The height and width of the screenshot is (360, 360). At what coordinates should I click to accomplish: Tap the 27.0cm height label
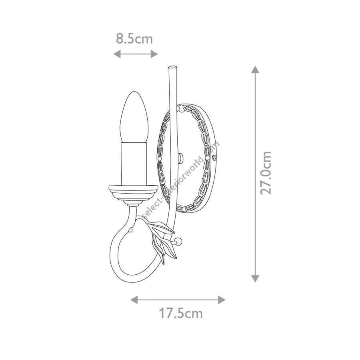tap(266, 173)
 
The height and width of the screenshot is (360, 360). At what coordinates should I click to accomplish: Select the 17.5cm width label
tap(181, 313)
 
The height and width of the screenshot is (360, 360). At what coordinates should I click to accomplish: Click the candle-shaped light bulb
tap(134, 117)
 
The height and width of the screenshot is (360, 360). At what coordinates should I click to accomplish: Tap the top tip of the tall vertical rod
tap(173, 67)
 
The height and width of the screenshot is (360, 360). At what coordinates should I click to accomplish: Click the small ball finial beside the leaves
tap(178, 241)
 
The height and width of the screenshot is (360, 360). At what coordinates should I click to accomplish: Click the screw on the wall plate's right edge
tap(215, 158)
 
